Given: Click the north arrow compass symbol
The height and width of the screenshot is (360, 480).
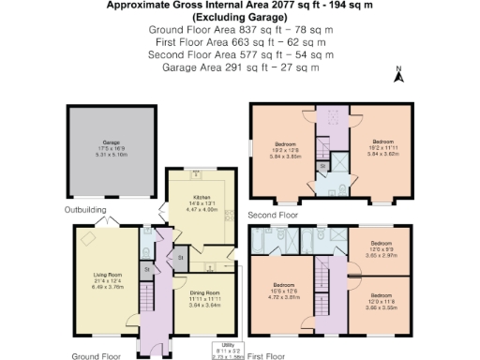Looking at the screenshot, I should (x=398, y=76).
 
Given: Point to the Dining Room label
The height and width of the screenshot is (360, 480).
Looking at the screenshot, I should (x=204, y=299).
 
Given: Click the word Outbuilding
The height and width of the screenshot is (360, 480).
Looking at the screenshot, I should (x=85, y=210).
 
